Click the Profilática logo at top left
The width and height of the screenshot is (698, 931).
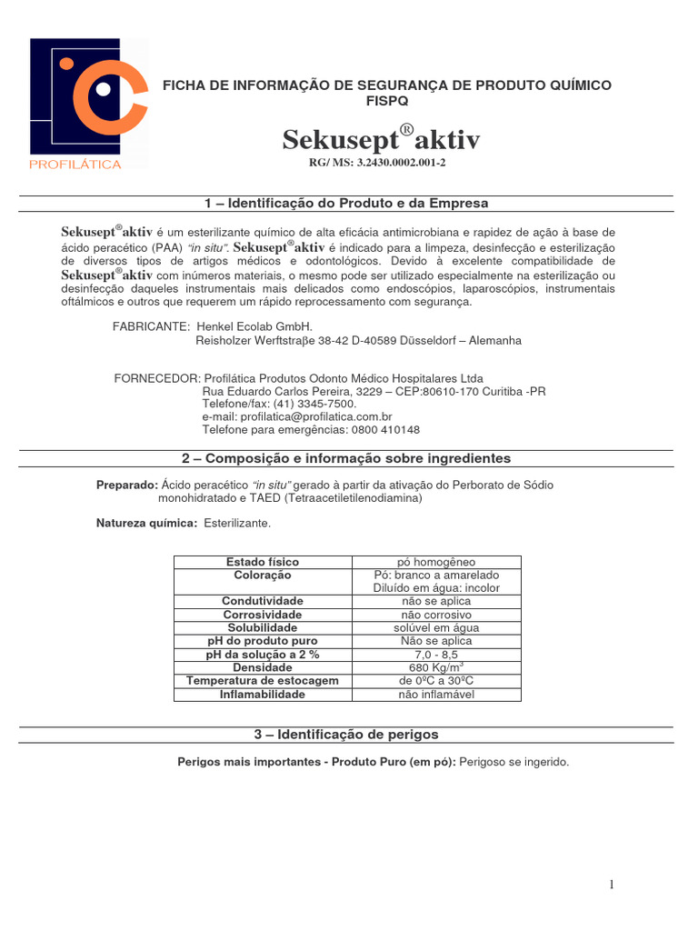88,103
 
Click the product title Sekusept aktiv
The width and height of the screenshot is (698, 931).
380,139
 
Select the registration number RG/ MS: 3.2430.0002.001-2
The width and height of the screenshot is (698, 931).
378,163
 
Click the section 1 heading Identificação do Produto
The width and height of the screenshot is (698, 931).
348,203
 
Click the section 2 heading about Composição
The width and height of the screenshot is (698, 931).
348,458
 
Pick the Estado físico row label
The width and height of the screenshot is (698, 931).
262,562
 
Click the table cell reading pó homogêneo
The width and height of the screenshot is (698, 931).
436,562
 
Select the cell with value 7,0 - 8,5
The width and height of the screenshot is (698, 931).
436,655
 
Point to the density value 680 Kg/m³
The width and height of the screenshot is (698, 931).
436,667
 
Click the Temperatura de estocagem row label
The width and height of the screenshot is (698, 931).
262,681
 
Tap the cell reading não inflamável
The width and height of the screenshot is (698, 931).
436,695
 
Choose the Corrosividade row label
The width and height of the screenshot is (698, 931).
262,615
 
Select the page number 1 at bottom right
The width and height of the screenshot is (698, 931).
612,885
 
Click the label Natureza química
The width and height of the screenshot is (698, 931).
146,524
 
